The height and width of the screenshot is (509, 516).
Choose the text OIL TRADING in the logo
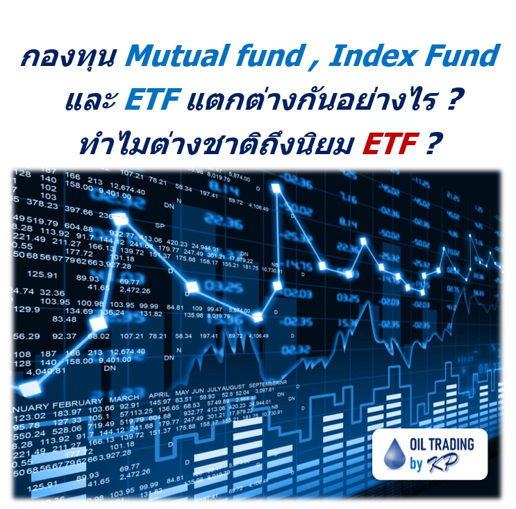pos(446,444)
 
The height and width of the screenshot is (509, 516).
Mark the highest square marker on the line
pos(280,190)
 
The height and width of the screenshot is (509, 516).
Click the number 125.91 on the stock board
pos(42,274)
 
